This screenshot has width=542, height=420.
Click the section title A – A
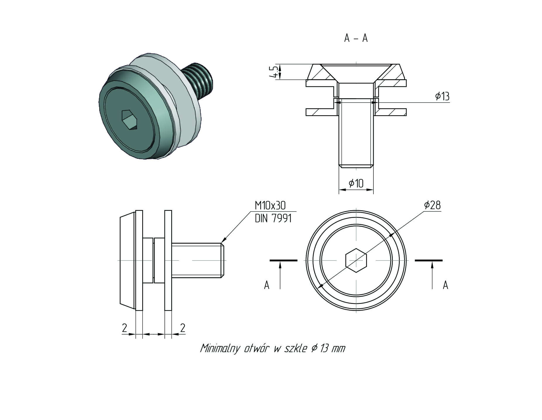click(356, 38)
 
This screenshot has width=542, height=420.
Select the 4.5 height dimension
click(275, 72)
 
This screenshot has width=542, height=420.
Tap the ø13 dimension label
click(442, 96)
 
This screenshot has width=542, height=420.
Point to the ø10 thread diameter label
click(356, 183)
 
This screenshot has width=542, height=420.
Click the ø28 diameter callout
click(432, 205)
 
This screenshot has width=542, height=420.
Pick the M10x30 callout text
click(270, 206)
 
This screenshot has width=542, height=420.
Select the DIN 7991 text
click(273, 218)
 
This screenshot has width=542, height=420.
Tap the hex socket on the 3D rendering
click(129, 119)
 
